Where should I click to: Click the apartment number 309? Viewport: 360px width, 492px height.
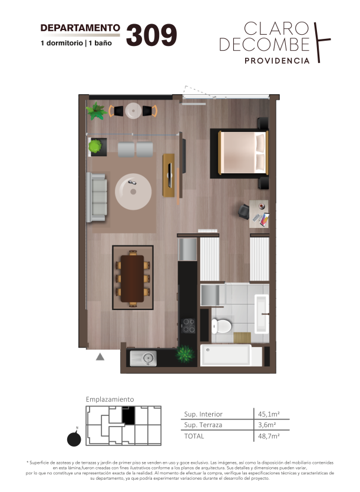coord(151,35)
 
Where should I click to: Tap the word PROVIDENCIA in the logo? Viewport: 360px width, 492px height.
coord(277,61)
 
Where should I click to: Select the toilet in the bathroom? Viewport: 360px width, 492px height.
coord(222,326)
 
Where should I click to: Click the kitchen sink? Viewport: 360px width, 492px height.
coord(143,358)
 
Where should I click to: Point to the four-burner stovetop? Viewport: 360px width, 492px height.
coord(188,326)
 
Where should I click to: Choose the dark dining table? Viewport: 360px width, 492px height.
coord(132,279)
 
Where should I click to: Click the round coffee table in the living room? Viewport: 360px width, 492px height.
coord(133,191)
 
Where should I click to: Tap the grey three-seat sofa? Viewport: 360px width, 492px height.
coord(97,197)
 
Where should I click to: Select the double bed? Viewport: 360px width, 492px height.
coord(243,153)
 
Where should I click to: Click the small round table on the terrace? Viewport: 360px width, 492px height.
coord(133,111)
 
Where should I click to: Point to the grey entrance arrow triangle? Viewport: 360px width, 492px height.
coord(100,356)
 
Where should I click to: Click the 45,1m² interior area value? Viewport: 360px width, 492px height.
coord(269,414)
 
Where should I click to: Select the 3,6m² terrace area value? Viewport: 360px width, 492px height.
coord(267,425)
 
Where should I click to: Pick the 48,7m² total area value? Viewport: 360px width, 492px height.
coord(269,436)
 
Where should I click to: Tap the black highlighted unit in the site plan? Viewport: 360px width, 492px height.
coord(128,415)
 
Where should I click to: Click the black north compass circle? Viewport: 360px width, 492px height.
coord(74,439)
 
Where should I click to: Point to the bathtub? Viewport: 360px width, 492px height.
coord(226,355)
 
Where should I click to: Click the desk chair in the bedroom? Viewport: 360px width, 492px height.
coord(243,211)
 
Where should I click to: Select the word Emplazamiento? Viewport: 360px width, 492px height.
coord(110,399)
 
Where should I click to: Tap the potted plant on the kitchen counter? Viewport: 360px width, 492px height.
coord(185,354)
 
